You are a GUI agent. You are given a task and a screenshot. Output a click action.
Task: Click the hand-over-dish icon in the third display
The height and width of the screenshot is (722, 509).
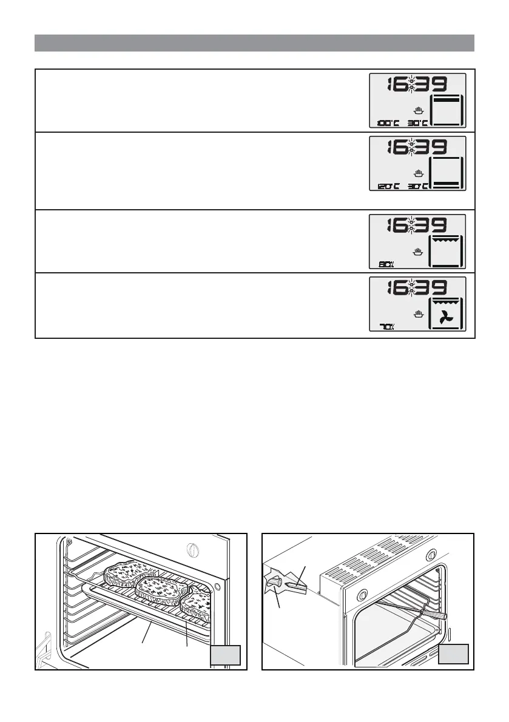[417, 252]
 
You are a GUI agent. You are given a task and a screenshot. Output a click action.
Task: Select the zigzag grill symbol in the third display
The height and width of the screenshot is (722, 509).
[446, 240]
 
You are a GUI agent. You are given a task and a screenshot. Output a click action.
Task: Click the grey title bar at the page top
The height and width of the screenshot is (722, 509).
[254, 43]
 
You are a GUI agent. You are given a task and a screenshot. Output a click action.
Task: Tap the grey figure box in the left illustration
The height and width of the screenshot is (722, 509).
[226, 655]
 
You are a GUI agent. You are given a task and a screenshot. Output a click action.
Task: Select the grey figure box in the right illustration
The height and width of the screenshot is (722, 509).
[453, 655]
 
